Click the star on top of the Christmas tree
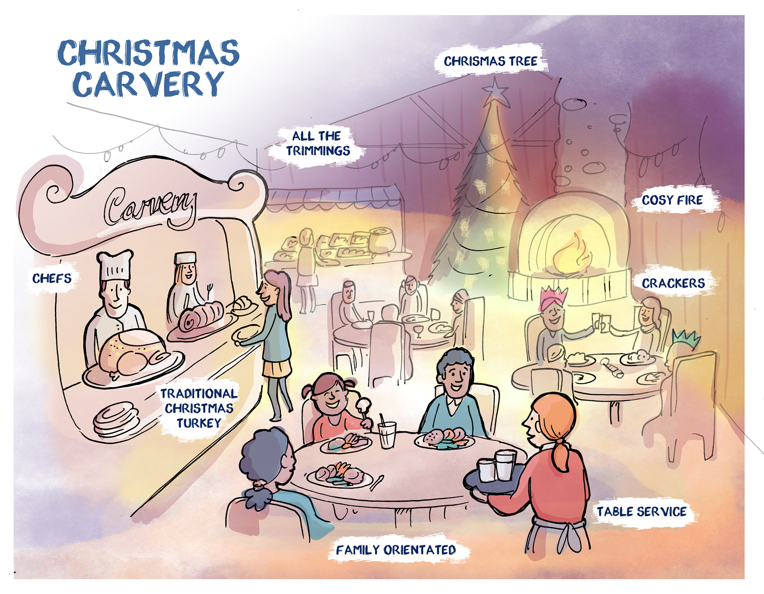(495, 92)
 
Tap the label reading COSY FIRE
(672, 200)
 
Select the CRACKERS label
(673, 283)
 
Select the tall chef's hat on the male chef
(115, 265)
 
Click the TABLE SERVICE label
(641, 512)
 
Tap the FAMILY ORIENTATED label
(396, 550)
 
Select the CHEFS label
(52, 278)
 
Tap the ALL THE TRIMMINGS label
(317, 143)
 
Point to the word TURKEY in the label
(199, 423)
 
